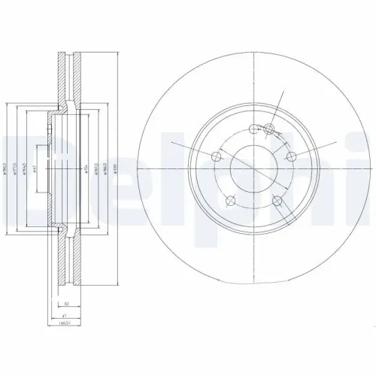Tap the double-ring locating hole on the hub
(270, 131)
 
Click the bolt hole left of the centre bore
(217, 156)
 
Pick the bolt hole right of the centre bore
(290, 156)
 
